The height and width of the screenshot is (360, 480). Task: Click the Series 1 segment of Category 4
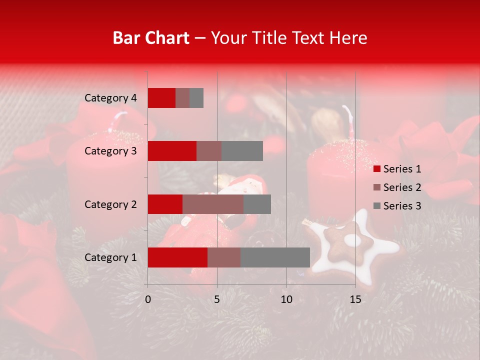click(161, 98)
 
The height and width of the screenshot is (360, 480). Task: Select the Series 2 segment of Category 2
click(213, 204)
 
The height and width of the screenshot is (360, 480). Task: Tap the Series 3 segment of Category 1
click(275, 257)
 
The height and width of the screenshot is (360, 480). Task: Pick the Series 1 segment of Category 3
click(172, 151)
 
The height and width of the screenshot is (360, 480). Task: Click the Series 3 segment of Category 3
click(242, 151)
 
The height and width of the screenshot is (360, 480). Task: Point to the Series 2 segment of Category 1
click(224, 257)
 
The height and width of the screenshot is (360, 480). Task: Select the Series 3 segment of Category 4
click(196, 98)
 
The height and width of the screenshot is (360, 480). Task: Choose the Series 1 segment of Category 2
click(165, 204)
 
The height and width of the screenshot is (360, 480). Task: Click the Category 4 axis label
click(110, 98)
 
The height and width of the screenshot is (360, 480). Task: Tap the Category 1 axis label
click(110, 257)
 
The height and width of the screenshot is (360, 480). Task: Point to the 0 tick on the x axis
click(148, 299)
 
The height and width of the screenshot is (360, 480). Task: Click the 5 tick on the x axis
click(217, 299)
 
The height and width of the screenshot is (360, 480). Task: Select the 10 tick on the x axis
click(286, 299)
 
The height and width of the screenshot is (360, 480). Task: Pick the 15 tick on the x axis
click(355, 299)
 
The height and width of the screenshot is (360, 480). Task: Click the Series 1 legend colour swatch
click(376, 169)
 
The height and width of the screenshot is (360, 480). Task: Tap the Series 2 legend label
click(402, 187)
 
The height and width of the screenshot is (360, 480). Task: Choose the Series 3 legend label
click(402, 206)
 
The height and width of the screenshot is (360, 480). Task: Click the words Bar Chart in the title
click(151, 38)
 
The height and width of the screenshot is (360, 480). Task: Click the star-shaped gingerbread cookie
click(350, 245)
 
